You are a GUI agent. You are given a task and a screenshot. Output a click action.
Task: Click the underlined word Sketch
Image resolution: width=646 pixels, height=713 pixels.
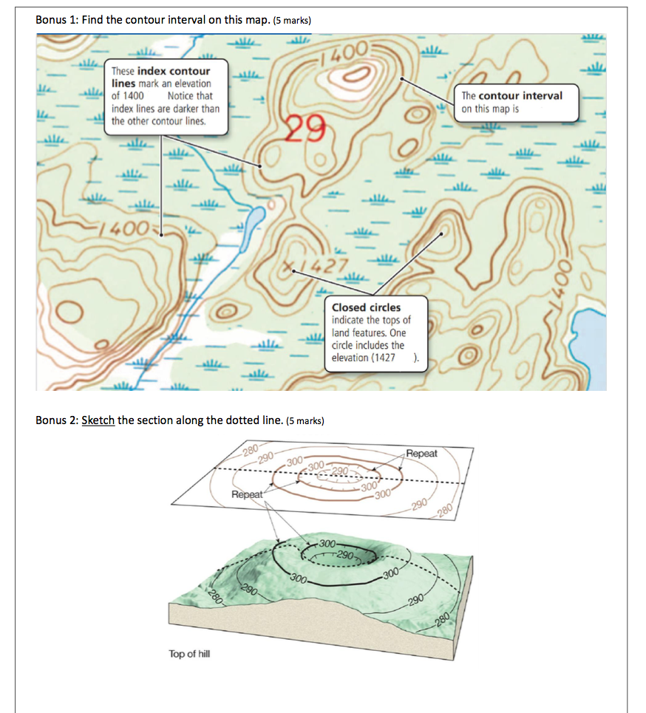(x=98, y=420)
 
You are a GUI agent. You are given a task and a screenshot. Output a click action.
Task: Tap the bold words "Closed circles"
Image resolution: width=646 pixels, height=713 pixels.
(x=367, y=307)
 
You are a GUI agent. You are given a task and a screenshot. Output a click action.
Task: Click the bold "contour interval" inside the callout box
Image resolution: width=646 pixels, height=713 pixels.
(x=520, y=96)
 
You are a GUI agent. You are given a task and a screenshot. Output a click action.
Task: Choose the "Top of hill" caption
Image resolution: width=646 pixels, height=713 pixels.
(x=189, y=654)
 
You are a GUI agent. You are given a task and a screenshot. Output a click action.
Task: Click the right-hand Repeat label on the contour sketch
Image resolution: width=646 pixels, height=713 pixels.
(x=421, y=454)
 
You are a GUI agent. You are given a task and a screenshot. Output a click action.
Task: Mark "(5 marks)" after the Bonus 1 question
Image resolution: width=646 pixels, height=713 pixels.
(x=292, y=21)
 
